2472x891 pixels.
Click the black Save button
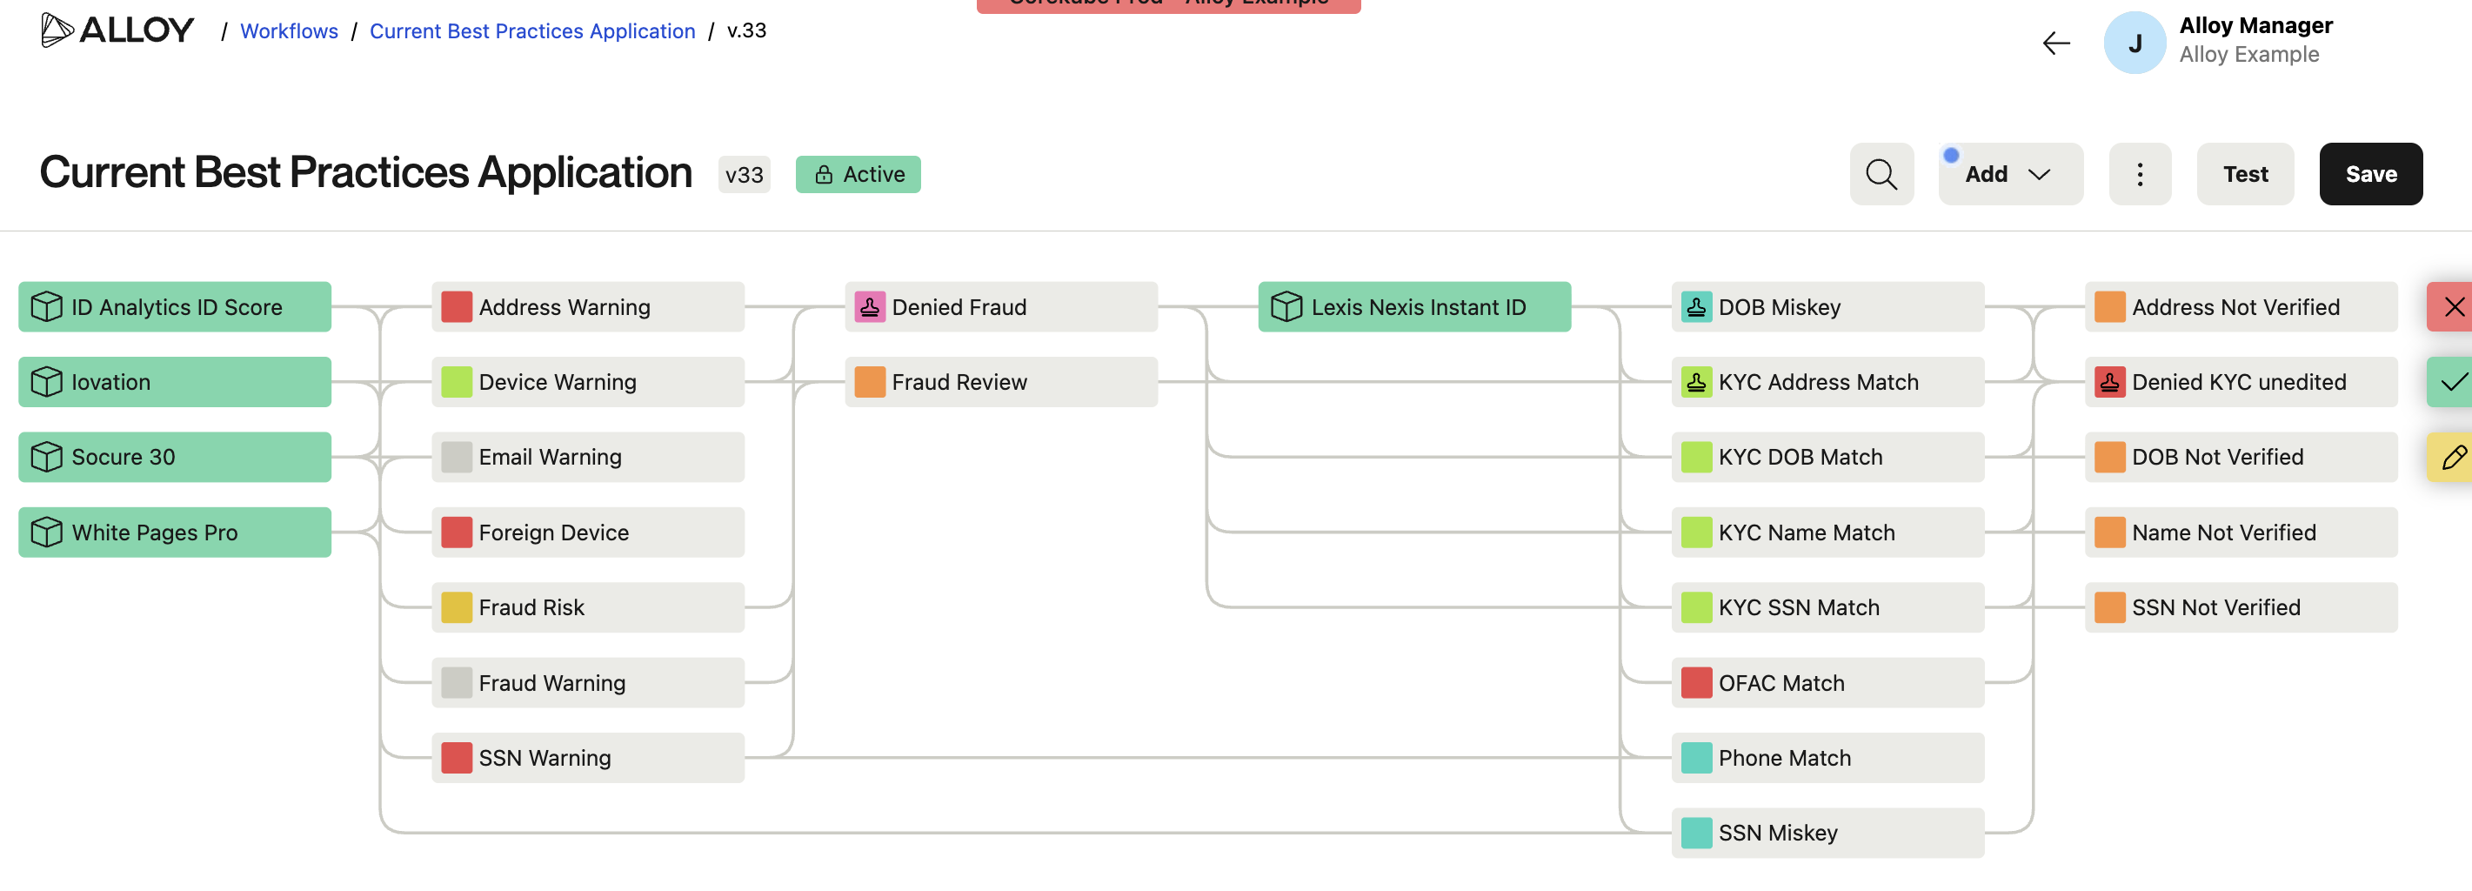point(2369,174)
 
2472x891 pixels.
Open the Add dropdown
point(2008,174)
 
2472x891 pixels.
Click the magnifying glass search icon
point(1880,174)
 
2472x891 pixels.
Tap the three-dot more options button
point(2139,174)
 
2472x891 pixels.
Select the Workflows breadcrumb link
point(289,30)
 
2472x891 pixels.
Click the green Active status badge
point(858,174)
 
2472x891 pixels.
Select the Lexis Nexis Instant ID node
point(1413,306)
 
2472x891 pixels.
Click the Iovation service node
point(175,381)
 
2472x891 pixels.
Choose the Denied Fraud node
point(1000,306)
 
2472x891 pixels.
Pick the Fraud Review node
point(1000,381)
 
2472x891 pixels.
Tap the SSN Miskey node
point(1827,832)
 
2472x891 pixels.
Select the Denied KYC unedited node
point(2240,381)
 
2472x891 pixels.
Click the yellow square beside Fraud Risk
point(456,606)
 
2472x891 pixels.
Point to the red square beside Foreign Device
point(456,532)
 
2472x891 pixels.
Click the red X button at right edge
point(2453,306)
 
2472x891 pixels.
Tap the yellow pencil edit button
point(2453,457)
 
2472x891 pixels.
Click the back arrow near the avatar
point(2055,44)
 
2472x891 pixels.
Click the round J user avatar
point(2135,44)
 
